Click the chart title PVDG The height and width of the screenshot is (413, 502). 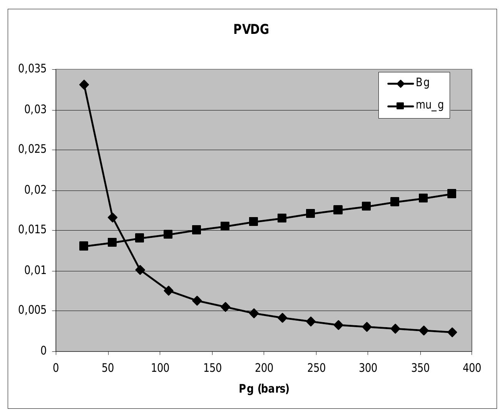tap(251, 29)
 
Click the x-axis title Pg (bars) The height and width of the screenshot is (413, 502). tap(264, 389)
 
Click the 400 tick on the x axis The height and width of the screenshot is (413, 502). tap(472, 368)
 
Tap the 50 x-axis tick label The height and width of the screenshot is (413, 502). tap(108, 368)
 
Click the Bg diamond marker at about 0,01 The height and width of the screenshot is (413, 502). tap(140, 270)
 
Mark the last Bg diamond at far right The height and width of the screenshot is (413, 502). tap(452, 332)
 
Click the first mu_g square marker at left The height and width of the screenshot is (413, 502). tap(84, 246)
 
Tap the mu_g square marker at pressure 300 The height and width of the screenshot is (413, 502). tap(366, 206)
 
